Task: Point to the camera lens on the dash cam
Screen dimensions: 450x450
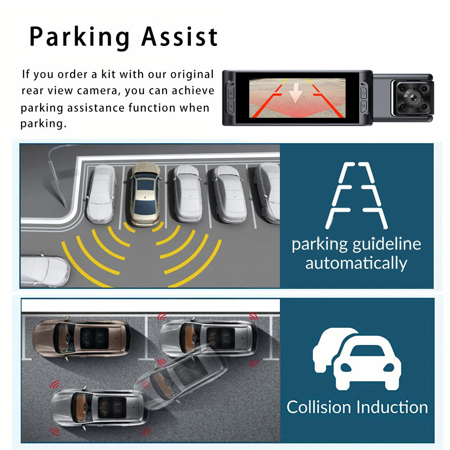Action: click(412, 96)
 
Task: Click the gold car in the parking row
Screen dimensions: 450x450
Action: click(144, 193)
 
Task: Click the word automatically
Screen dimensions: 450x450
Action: click(356, 262)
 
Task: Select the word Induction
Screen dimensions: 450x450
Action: click(393, 407)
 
